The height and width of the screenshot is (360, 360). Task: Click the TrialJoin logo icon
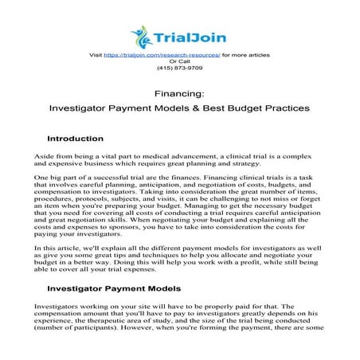(x=142, y=34)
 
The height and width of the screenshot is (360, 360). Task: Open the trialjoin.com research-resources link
(x=166, y=54)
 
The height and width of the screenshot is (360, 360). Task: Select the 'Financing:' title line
(x=180, y=93)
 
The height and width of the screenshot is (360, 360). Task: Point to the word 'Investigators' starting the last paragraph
(x=59, y=306)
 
